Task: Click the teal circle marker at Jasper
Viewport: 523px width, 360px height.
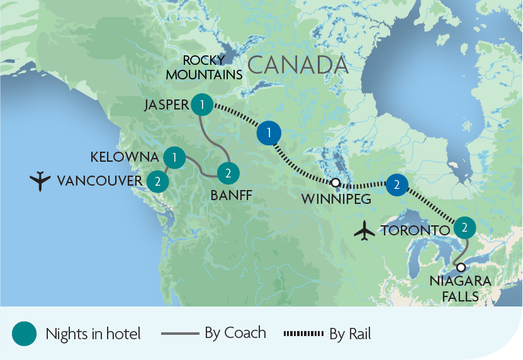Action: [x=201, y=104]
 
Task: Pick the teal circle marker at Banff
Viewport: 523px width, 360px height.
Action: [x=227, y=172]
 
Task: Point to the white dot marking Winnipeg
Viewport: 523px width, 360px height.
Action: [x=335, y=183]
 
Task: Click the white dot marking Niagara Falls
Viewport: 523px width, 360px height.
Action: [x=461, y=267]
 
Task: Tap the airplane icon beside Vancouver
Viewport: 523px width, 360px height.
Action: [x=40, y=181]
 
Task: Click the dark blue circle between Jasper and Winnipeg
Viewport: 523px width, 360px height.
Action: [x=269, y=133]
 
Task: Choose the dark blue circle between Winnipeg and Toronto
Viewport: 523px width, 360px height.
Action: [x=396, y=185]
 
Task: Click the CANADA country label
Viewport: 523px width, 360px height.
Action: [x=298, y=65]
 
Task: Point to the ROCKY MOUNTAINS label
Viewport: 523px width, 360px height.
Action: [x=212, y=67]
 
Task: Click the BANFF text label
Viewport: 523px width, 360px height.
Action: [x=231, y=196]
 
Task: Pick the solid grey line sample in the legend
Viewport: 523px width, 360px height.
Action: [x=180, y=333]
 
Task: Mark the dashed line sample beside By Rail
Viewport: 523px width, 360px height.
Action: [x=304, y=333]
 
